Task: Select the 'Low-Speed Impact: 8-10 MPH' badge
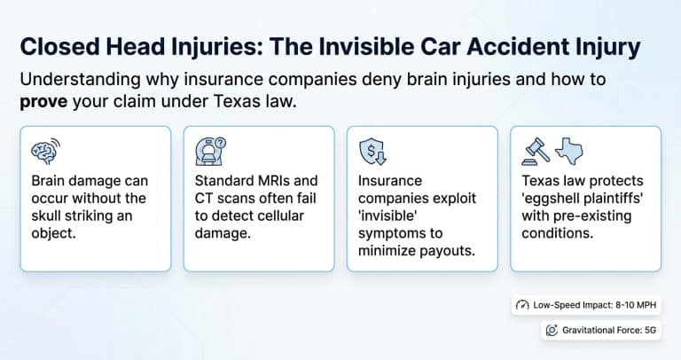click(x=586, y=304)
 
